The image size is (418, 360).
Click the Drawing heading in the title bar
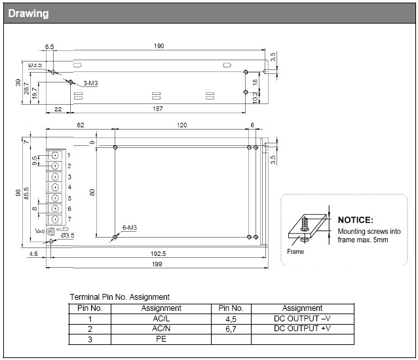pos(28,14)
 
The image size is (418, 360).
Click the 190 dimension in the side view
pos(159,46)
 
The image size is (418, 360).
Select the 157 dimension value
pos(158,109)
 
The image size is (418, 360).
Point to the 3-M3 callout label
pos(91,84)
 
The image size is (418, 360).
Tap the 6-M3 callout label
pos(129,228)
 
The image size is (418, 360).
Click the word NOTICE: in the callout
pos(355,221)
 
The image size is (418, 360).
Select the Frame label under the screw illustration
pos(295,251)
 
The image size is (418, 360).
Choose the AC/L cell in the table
pos(161,318)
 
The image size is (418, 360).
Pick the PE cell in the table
pos(161,339)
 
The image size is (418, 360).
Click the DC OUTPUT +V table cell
pos(302,329)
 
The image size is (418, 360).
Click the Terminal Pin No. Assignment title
pos(119,297)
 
